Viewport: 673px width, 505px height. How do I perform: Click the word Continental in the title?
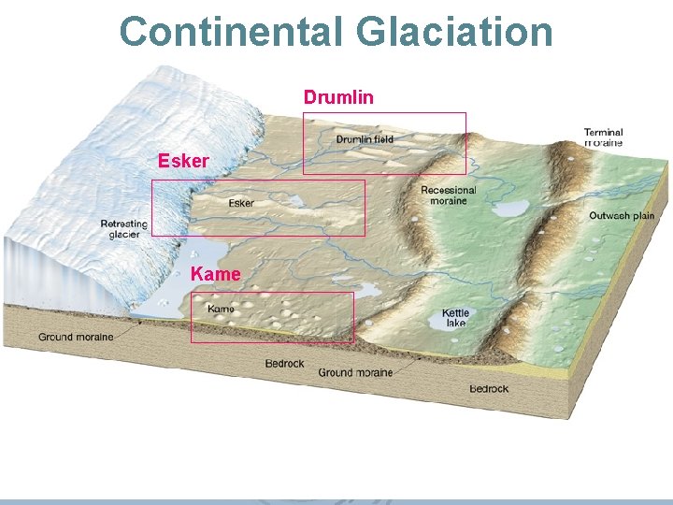[232, 32]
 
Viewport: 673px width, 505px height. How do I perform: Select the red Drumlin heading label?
[339, 96]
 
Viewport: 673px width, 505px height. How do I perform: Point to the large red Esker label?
[183, 161]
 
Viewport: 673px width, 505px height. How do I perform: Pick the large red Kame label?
[215, 274]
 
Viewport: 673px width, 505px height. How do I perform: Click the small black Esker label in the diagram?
[241, 203]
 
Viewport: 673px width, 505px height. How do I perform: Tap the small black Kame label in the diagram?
[221, 309]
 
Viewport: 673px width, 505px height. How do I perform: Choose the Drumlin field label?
[365, 139]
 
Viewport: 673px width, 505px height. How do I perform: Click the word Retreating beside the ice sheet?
[124, 224]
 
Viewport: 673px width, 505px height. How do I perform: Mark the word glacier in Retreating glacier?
[124, 234]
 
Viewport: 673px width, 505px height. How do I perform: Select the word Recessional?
[449, 191]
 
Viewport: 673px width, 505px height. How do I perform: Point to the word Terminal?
[604, 133]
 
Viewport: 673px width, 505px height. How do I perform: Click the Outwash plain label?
[622, 216]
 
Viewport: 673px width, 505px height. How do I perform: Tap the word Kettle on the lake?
[456, 313]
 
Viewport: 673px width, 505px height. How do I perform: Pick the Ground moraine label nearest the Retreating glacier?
[76, 337]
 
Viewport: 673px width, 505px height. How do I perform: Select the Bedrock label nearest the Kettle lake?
[489, 388]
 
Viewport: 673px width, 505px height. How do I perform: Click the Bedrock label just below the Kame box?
[284, 364]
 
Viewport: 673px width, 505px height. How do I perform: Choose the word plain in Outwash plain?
[642, 216]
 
